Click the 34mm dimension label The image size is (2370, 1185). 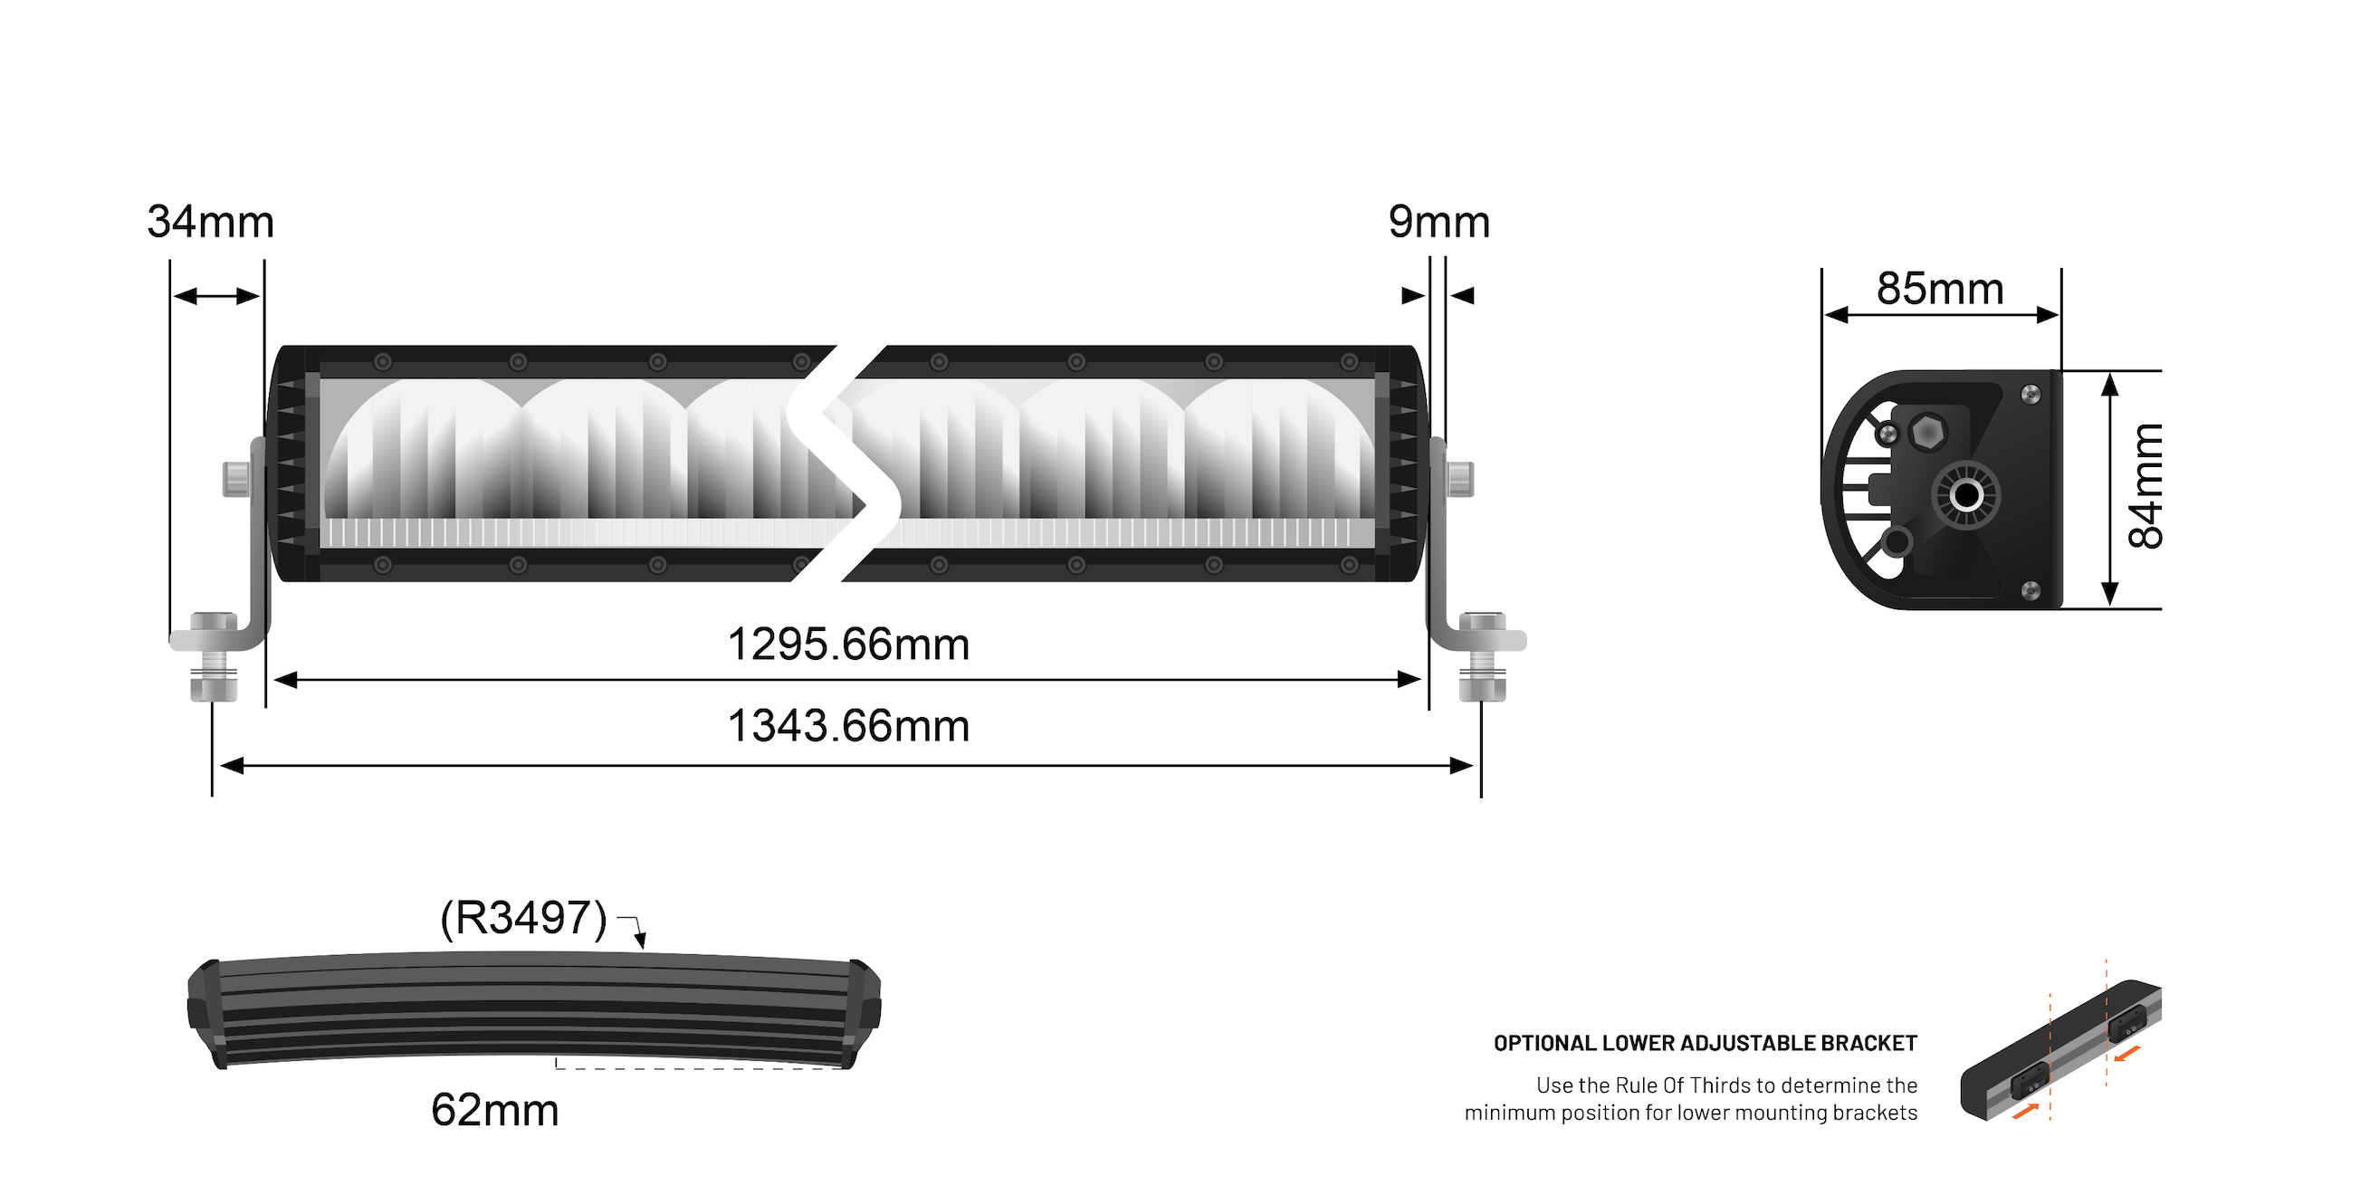pyautogui.click(x=211, y=223)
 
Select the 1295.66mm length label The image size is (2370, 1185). pyautogui.click(x=847, y=644)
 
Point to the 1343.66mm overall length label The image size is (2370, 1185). pyautogui.click(x=847, y=726)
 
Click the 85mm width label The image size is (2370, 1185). pyautogui.click(x=1939, y=289)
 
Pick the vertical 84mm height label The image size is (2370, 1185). pyautogui.click(x=2145, y=487)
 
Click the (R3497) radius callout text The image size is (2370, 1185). pyautogui.click(x=523, y=917)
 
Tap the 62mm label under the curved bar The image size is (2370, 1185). pyautogui.click(x=494, y=1110)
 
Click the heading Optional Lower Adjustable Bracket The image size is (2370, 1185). pyautogui.click(x=1705, y=1043)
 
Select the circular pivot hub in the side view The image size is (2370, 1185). pyautogui.click(x=1965, y=496)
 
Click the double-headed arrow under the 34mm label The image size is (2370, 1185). pyautogui.click(x=217, y=296)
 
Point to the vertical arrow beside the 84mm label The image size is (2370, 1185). pyautogui.click(x=2110, y=490)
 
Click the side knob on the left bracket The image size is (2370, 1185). pyautogui.click(x=235, y=479)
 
